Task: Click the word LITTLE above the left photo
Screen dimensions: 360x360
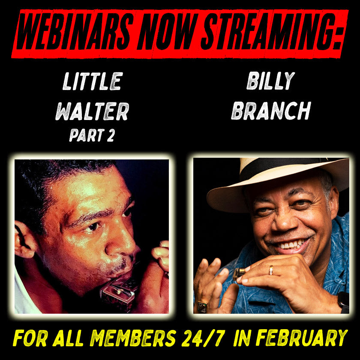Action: (x=93, y=81)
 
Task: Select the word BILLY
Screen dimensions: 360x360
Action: (x=270, y=81)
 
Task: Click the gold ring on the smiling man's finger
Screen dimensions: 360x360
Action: (x=270, y=270)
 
